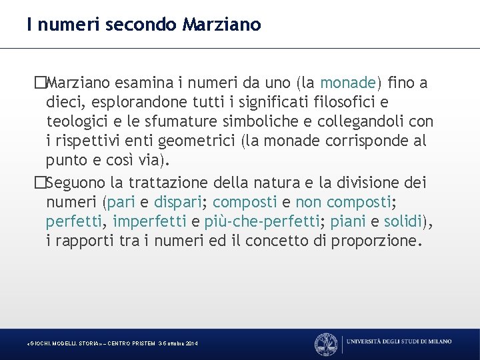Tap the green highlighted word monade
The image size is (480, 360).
click(348, 83)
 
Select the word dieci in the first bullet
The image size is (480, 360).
click(62, 103)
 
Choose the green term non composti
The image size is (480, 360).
click(335, 201)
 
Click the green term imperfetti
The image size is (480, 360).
click(151, 221)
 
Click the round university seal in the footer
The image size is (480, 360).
click(326, 343)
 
